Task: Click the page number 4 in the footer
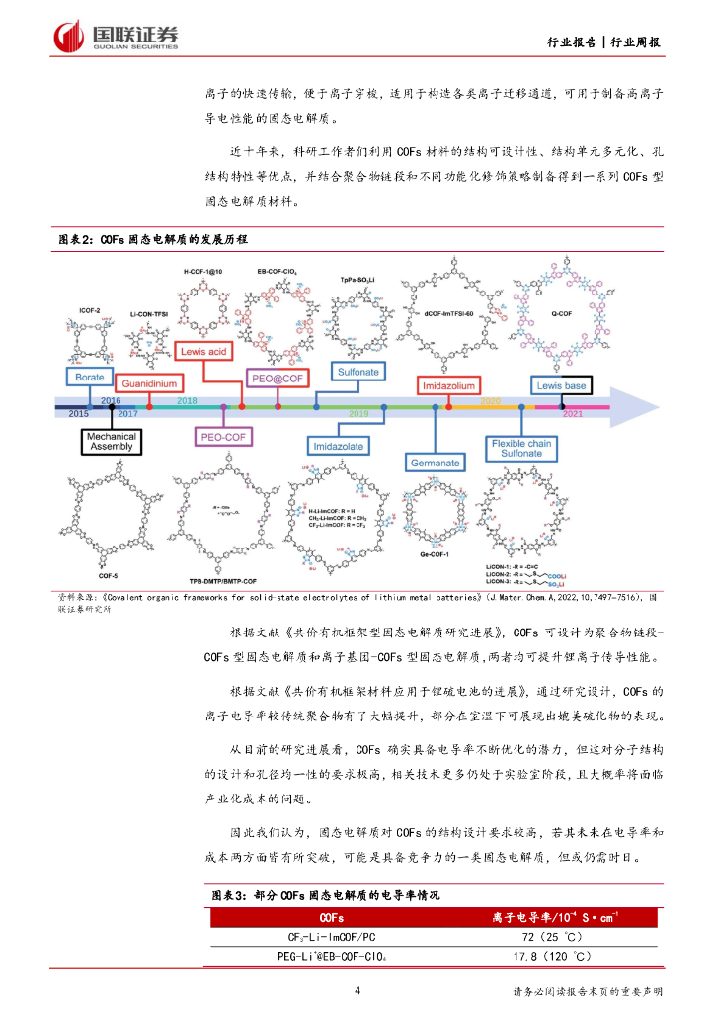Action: point(357,991)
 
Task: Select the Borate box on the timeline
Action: point(84,377)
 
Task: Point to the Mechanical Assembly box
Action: point(110,442)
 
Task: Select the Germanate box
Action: point(436,462)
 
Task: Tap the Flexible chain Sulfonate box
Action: point(520,450)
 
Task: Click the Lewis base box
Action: point(562,384)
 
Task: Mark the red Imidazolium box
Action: point(450,382)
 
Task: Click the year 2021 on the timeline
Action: point(572,414)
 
